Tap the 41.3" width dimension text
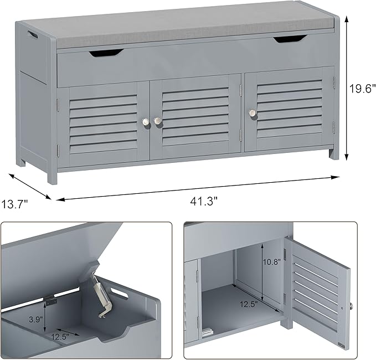[203, 202]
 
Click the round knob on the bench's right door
[253, 113]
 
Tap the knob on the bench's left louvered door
[146, 121]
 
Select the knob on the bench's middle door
[158, 120]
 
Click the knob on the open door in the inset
[351, 306]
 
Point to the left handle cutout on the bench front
[106, 53]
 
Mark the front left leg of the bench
[51, 175]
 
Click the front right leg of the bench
[334, 153]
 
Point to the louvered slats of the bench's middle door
[195, 114]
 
